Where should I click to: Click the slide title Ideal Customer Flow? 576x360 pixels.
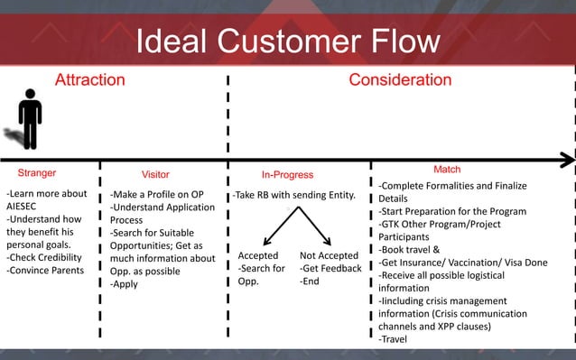click(287, 42)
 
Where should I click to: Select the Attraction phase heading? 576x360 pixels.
click(89, 80)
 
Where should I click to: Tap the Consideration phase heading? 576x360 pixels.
click(400, 80)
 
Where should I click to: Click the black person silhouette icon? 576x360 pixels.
click(30, 118)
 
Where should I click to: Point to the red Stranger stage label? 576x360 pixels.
click(37, 172)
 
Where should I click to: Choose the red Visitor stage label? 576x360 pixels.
click(155, 174)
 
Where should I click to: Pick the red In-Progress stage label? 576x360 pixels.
click(287, 174)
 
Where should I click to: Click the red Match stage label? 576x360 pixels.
click(447, 170)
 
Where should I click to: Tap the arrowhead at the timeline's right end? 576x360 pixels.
click(566, 160)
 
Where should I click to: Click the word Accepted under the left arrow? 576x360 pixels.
click(258, 256)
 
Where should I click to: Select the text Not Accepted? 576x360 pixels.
click(329, 256)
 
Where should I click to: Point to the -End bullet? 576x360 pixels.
click(311, 281)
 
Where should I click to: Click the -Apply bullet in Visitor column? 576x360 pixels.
click(125, 284)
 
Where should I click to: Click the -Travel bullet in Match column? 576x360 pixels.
click(393, 339)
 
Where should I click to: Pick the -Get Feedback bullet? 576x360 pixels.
click(330, 268)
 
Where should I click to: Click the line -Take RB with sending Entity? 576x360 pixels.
click(293, 195)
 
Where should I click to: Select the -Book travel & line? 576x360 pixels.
click(409, 249)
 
